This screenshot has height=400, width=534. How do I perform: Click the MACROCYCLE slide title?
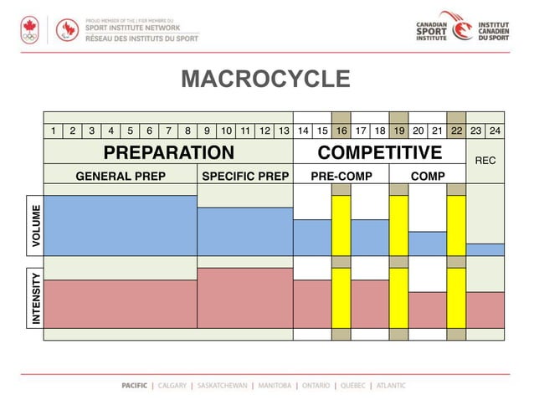[265, 79]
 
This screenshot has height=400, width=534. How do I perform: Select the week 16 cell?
[341, 131]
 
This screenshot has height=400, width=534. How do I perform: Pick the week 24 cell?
[495, 131]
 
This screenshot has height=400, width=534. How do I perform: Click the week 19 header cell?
[399, 131]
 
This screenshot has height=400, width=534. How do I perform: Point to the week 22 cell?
[456, 131]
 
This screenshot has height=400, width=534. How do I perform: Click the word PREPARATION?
[168, 152]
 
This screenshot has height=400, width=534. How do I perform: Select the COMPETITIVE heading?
[379, 152]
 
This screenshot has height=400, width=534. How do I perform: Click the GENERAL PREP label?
[121, 177]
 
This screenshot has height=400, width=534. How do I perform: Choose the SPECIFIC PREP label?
[245, 177]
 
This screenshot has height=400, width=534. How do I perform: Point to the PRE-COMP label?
[341, 177]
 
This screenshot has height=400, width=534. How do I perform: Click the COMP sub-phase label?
[428, 177]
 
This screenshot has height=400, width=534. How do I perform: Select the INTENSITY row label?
[35, 298]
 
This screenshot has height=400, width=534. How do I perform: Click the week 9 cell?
[207, 131]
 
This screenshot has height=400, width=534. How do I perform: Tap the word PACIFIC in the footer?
[135, 386]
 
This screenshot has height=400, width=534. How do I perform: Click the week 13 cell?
[284, 131]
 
